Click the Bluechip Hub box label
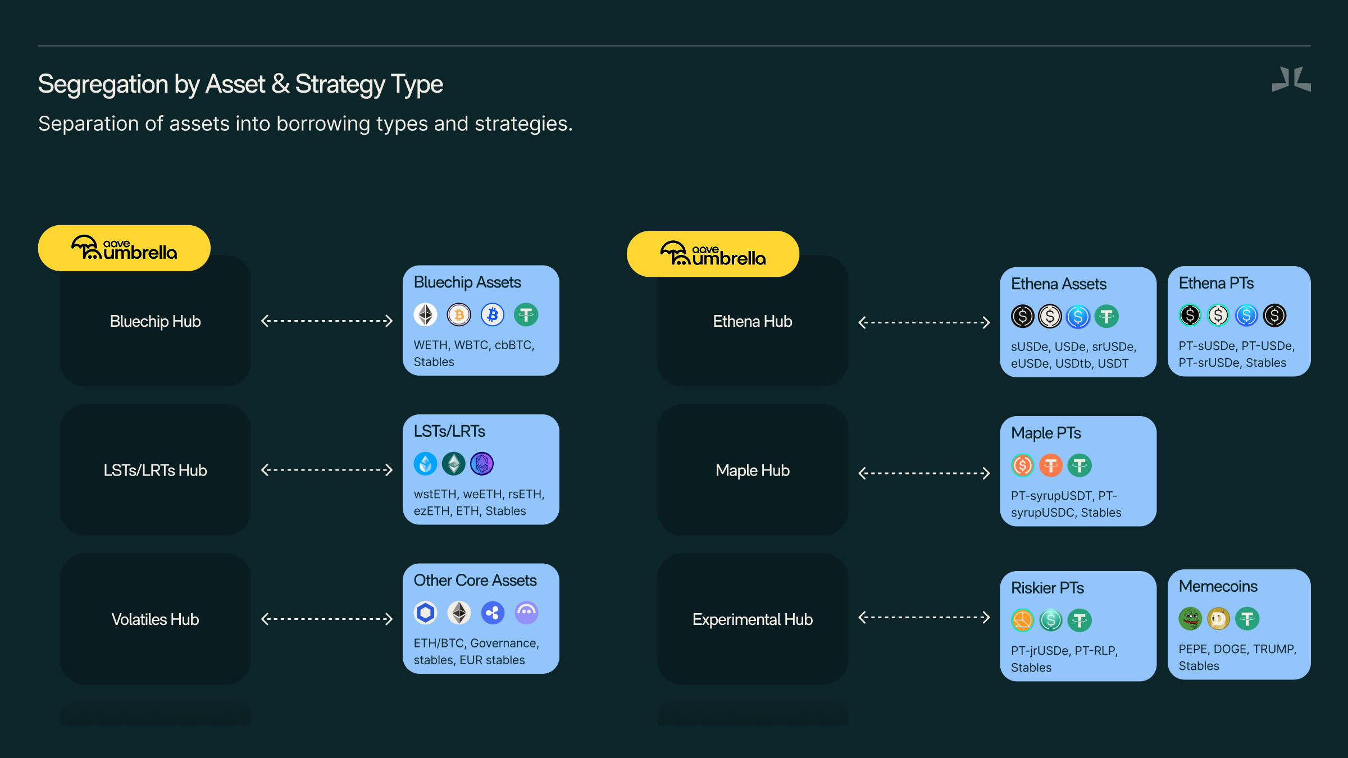(x=155, y=321)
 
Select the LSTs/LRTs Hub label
(x=155, y=470)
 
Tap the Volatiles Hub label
(x=155, y=619)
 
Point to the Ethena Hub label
(x=752, y=321)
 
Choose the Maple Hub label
(x=752, y=470)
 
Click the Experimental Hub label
(x=752, y=619)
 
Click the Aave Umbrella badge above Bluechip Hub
(x=124, y=248)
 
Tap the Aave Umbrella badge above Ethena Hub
(x=713, y=254)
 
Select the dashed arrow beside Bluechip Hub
(x=327, y=321)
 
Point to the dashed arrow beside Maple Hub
(x=924, y=473)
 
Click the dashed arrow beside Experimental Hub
(x=924, y=617)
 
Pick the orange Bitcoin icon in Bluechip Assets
(x=459, y=315)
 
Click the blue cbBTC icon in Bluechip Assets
(x=493, y=315)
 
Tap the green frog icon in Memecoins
(x=1190, y=619)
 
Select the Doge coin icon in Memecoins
(x=1218, y=619)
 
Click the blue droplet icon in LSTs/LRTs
(x=425, y=464)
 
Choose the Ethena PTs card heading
(x=1216, y=283)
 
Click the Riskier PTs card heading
(x=1047, y=588)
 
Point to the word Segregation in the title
(x=103, y=84)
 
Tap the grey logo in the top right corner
(x=1291, y=79)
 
